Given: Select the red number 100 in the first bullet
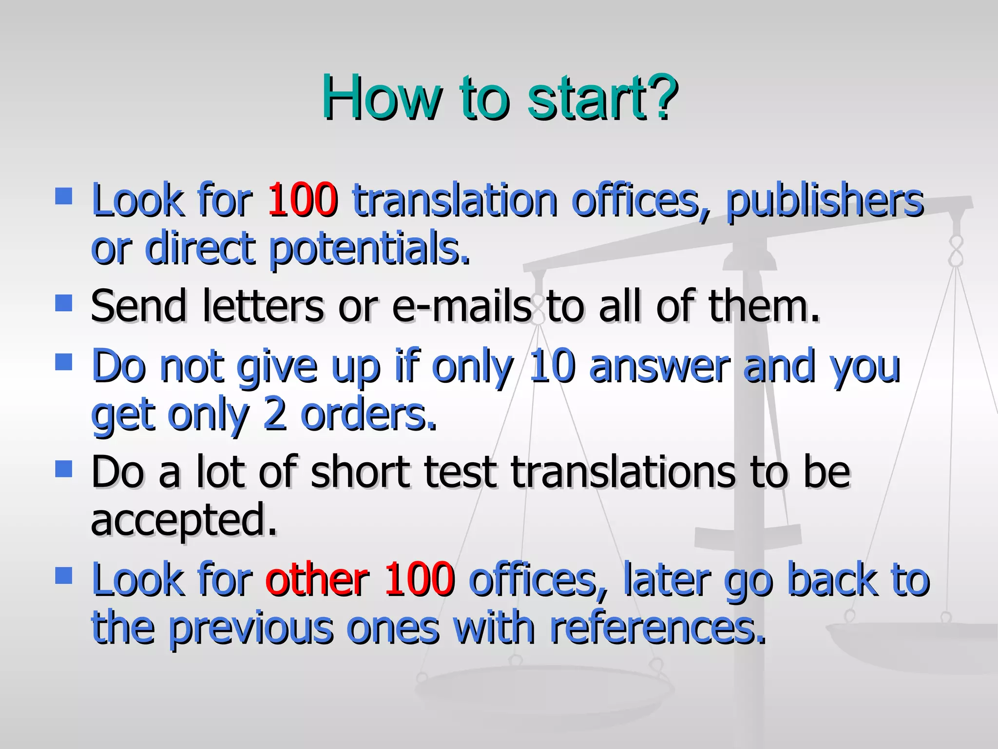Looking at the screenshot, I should click(303, 199).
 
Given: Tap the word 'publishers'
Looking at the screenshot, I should click(825, 201).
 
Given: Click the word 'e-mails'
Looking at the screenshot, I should click(461, 306).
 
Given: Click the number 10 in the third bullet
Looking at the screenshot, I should click(551, 366).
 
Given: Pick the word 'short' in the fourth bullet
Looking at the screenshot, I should click(361, 472).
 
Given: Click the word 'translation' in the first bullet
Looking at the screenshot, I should click(455, 200).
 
